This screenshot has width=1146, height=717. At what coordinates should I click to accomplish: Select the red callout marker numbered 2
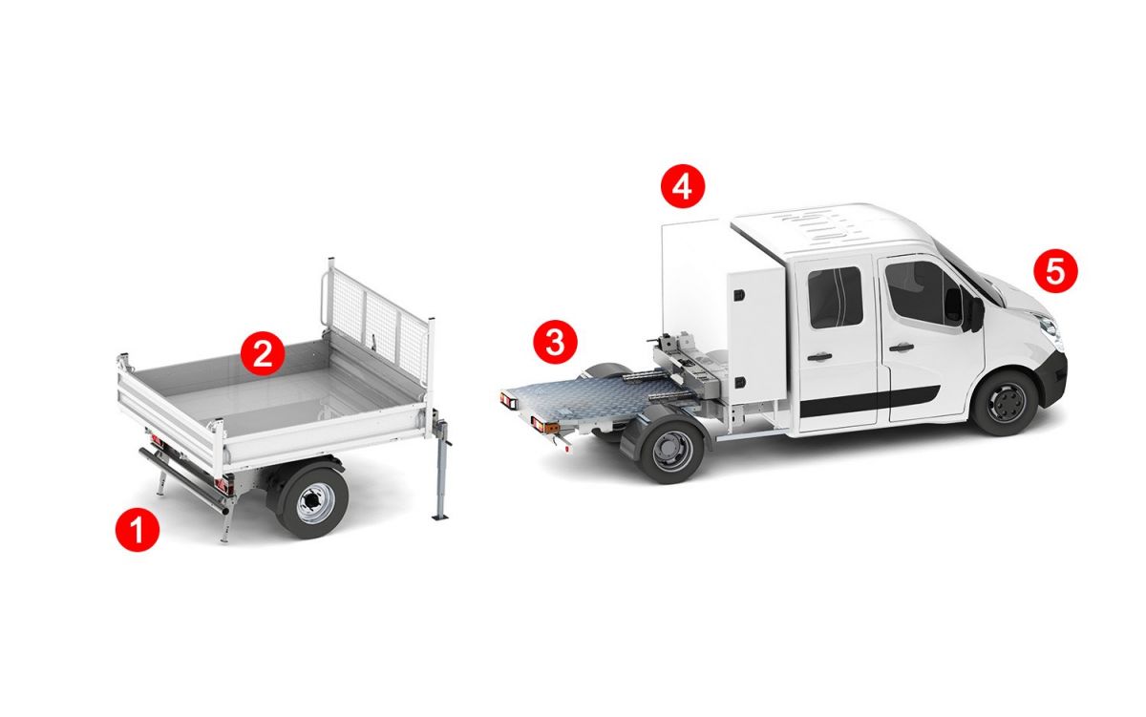point(263,353)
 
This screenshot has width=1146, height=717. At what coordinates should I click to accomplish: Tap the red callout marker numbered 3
point(555,342)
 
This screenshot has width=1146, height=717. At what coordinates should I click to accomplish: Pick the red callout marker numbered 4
point(683,186)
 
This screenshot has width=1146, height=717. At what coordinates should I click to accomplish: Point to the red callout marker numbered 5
point(1055,270)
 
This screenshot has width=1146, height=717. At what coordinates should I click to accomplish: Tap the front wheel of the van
point(1005,403)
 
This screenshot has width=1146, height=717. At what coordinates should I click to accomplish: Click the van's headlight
point(1049,327)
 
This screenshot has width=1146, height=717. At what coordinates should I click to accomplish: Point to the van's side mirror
point(972,310)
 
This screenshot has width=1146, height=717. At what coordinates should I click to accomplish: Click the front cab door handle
point(902,348)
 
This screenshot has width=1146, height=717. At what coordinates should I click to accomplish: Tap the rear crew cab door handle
point(819,357)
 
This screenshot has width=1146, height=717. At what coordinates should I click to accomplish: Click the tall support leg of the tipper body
point(442,470)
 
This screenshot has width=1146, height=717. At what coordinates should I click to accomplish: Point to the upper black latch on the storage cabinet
point(739,296)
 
